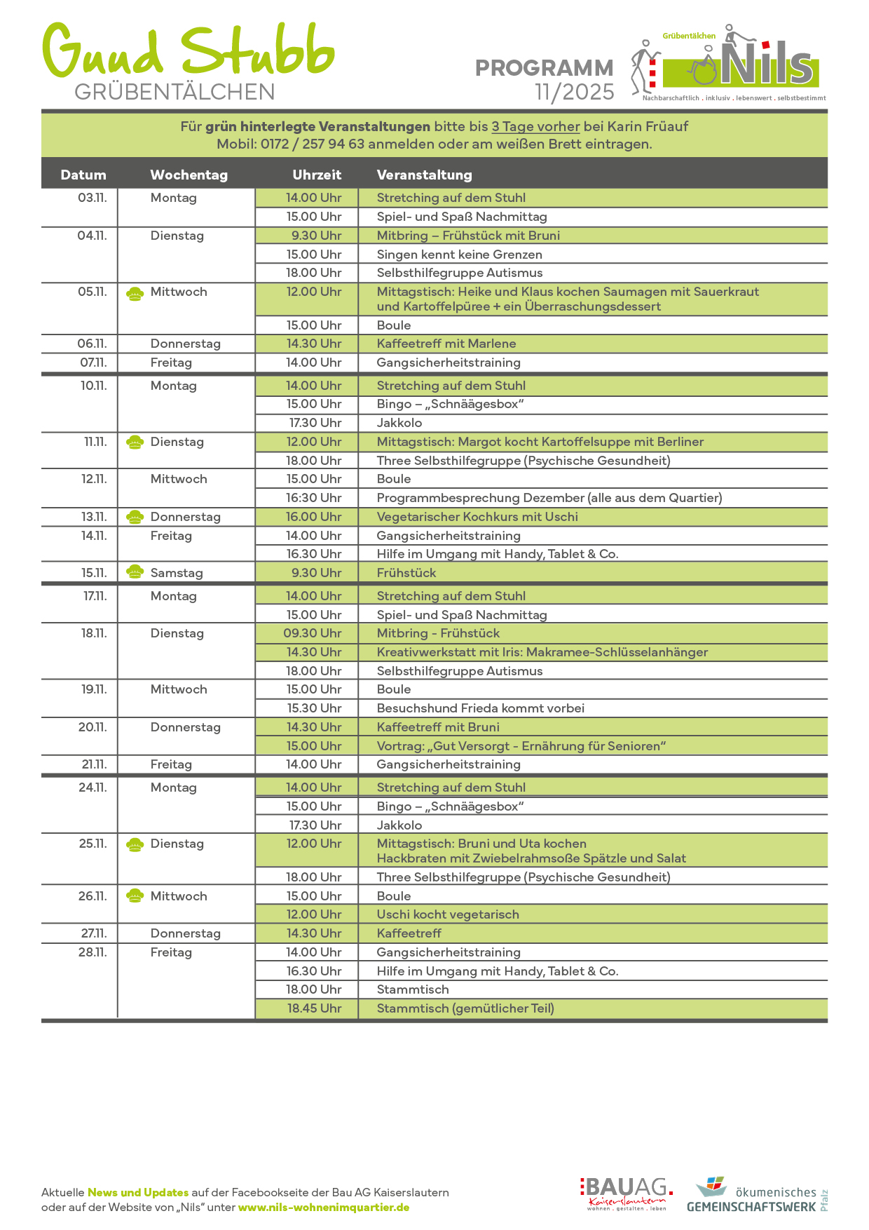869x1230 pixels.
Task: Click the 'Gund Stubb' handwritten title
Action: [188, 50]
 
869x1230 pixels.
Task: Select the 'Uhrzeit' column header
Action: [317, 175]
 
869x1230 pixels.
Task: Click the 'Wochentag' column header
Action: [189, 175]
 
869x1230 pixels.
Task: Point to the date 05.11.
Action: [92, 292]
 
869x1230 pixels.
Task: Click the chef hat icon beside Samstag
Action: [135, 572]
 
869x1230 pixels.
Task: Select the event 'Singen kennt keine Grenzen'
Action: [459, 255]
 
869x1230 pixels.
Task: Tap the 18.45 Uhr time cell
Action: [314, 1008]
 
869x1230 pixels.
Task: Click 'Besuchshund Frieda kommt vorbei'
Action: [480, 708]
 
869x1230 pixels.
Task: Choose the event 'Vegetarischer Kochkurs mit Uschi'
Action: [477, 517]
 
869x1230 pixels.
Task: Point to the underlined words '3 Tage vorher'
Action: [535, 127]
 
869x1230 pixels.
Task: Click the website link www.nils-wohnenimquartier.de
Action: [324, 1208]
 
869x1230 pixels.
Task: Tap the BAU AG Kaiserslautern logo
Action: [626, 1194]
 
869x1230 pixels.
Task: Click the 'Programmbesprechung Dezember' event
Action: [549, 498]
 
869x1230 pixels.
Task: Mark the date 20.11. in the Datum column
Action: [93, 727]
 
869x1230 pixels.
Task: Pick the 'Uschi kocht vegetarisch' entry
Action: [448, 914]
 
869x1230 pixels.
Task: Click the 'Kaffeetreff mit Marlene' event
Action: [446, 344]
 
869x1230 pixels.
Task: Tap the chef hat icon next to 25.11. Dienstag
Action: [135, 844]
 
